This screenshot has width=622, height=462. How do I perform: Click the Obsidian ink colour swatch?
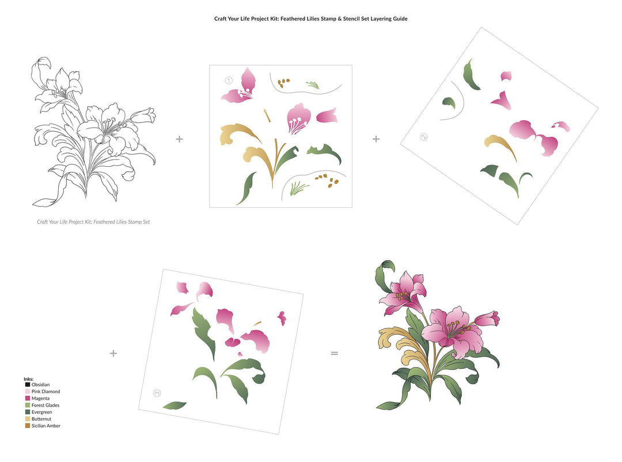pyautogui.click(x=27, y=385)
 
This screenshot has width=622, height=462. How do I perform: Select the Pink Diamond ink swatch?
pyautogui.click(x=27, y=392)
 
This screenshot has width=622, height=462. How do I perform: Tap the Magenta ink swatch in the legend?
pyautogui.click(x=27, y=399)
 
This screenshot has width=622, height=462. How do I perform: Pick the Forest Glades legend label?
pyautogui.click(x=45, y=406)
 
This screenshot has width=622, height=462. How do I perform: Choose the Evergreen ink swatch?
pyautogui.click(x=27, y=413)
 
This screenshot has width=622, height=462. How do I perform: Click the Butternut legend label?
pyautogui.click(x=41, y=419)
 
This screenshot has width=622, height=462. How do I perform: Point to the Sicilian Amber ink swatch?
pyautogui.click(x=27, y=426)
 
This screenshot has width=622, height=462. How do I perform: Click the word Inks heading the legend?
pyautogui.click(x=28, y=379)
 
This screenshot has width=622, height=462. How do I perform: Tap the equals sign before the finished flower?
pyautogui.click(x=334, y=353)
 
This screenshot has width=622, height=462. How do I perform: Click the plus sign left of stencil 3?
pyautogui.click(x=113, y=353)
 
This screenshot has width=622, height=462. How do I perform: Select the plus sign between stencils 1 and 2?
pyautogui.click(x=376, y=139)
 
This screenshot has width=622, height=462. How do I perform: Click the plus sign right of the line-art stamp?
pyautogui.click(x=179, y=139)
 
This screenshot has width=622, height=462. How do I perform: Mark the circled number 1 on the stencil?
pyautogui.click(x=229, y=81)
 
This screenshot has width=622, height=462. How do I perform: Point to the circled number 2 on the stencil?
pyautogui.click(x=424, y=137)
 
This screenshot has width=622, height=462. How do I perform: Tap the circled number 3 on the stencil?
pyautogui.click(x=157, y=394)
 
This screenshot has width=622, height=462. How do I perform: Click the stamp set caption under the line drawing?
pyautogui.click(x=93, y=222)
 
